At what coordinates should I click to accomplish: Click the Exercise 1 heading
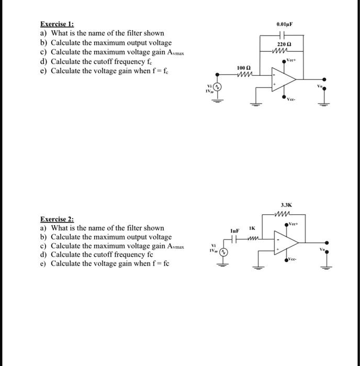(x=57, y=24)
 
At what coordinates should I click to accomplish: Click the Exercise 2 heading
(x=57, y=219)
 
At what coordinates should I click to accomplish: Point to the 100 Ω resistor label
(x=241, y=68)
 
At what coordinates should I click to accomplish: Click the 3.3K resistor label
(x=286, y=206)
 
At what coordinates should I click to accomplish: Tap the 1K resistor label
(x=252, y=228)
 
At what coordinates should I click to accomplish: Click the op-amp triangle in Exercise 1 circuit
(x=284, y=82)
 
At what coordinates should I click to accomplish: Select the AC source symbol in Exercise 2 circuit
(x=222, y=252)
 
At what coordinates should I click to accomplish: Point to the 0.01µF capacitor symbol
(x=285, y=35)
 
